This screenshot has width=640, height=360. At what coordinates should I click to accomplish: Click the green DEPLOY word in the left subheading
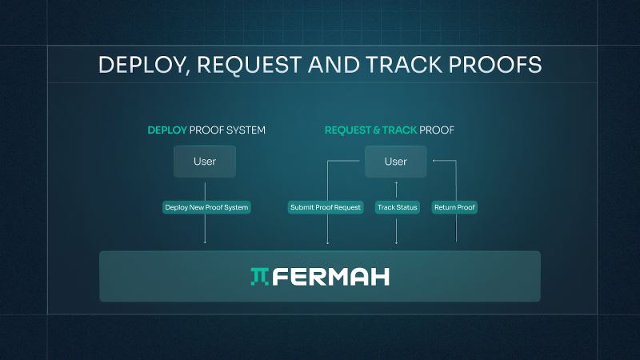[166, 130]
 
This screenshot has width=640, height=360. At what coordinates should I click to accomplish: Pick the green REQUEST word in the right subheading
[349, 130]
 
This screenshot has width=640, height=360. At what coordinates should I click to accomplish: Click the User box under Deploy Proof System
[205, 162]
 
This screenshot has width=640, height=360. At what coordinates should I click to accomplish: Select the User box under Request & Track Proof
[396, 162]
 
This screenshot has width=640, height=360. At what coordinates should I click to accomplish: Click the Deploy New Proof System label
[206, 207]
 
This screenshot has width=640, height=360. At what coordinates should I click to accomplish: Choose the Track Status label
[397, 207]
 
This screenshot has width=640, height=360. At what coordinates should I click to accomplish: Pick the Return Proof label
[455, 207]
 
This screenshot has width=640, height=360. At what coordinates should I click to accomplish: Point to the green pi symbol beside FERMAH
[260, 277]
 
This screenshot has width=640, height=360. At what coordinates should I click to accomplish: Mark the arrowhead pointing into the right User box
[433, 162]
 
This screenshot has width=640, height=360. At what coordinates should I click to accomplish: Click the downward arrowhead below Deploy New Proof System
[206, 242]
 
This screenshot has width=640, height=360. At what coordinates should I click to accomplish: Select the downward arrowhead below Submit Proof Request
[328, 242]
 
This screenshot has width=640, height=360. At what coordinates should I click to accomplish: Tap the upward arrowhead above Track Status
[397, 184]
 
